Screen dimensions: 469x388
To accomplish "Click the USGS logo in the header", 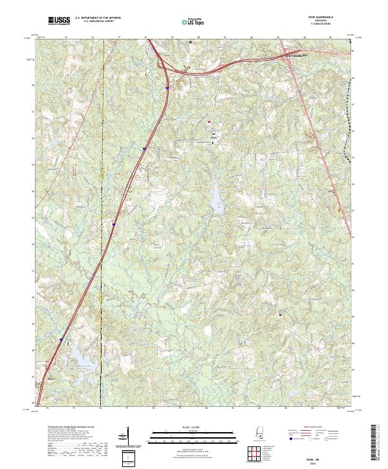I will (x=59, y=21).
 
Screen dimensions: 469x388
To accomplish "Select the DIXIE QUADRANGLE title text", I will (x=303, y=18).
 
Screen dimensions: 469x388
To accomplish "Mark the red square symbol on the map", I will (x=210, y=120).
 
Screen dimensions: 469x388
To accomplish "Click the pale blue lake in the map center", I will (x=213, y=194).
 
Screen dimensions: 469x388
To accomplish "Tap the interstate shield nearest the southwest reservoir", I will (x=61, y=338).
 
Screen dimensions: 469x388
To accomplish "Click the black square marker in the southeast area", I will (x=280, y=315).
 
